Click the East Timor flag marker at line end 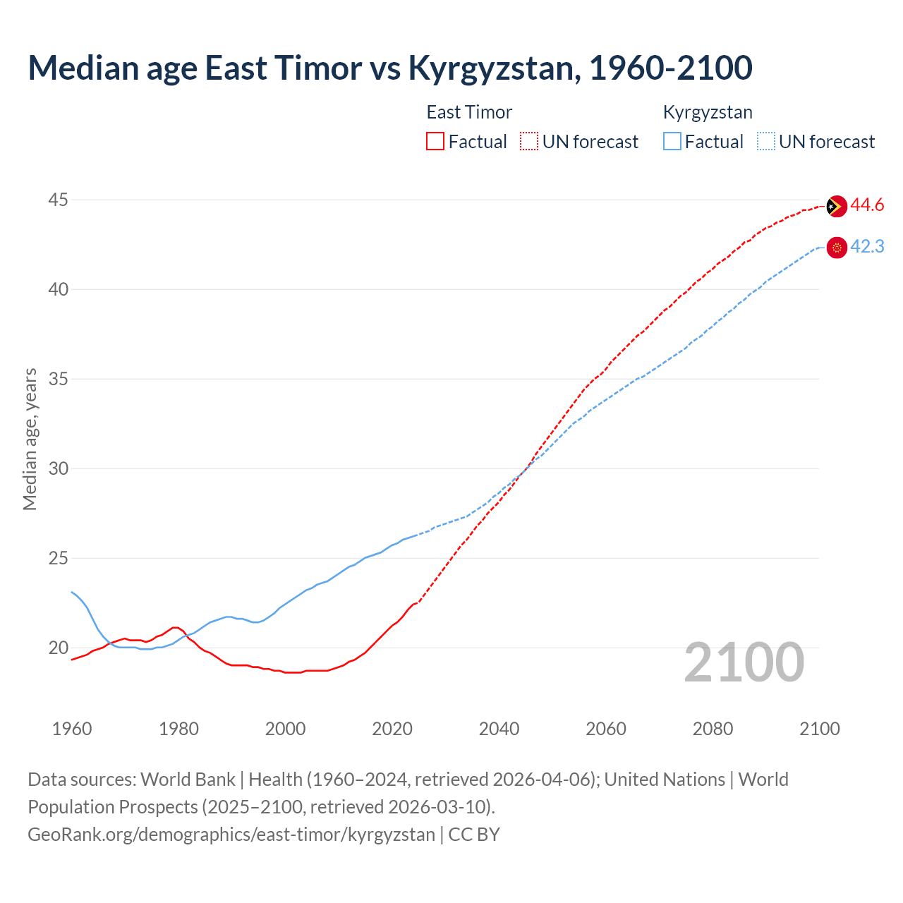coord(836,206)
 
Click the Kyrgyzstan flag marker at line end coord(836,248)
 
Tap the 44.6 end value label coord(867,205)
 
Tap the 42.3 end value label coord(867,247)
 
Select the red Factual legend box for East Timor coord(435,141)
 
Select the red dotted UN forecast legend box coord(529,141)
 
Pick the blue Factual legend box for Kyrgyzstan coord(672,141)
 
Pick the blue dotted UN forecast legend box coord(765,141)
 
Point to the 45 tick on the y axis coord(58,200)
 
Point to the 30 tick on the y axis coord(58,469)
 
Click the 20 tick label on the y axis coord(58,648)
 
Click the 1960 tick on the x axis coord(72,729)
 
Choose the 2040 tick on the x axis coord(499,729)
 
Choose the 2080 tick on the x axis coord(713,729)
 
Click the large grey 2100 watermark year coord(744,662)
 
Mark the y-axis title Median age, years coord(30,439)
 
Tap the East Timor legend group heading coord(469,112)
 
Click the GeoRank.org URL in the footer coord(231,835)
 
